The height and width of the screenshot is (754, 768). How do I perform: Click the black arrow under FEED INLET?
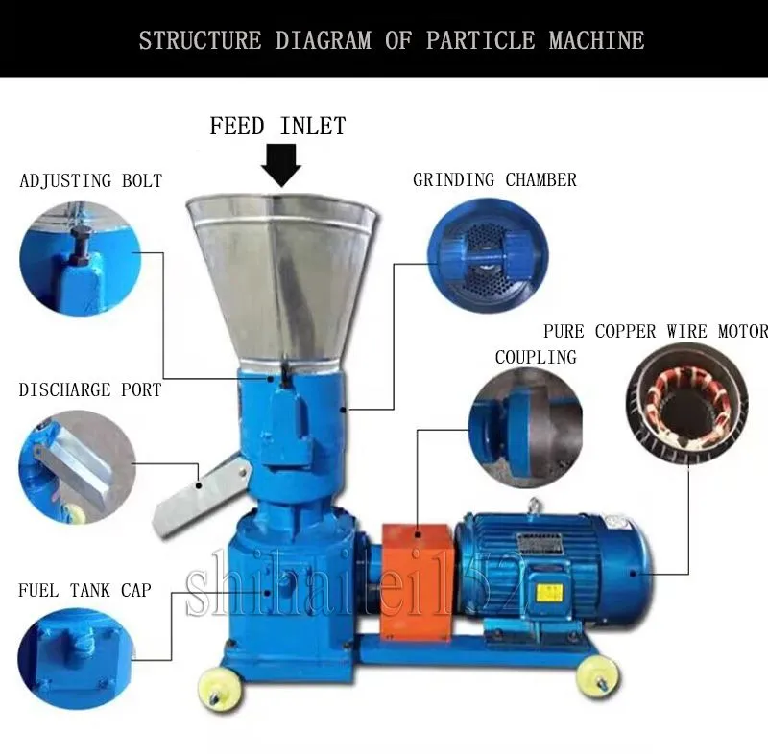click(x=281, y=166)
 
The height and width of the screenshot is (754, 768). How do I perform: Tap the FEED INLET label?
click(x=277, y=126)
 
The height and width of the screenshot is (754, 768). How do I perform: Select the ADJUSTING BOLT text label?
click(x=91, y=180)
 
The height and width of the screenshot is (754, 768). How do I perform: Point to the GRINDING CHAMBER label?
click(x=494, y=179)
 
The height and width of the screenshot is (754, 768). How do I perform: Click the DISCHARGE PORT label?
click(x=90, y=390)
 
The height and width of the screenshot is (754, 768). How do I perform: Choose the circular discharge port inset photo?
click(x=77, y=466)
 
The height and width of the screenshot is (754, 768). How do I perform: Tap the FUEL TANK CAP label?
click(x=84, y=590)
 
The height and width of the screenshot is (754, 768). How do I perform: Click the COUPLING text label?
click(x=536, y=357)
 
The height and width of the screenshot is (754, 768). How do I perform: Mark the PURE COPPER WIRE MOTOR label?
click(x=656, y=332)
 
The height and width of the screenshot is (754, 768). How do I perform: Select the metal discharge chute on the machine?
click(x=197, y=493)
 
